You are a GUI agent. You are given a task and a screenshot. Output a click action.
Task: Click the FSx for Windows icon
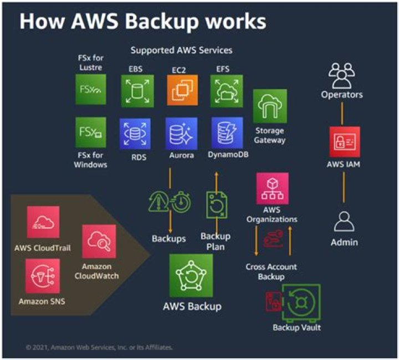pos(91,132)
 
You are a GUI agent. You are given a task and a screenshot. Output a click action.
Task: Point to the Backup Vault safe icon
pos(300,302)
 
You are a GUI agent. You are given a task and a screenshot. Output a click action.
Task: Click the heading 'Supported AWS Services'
pos(181,50)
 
